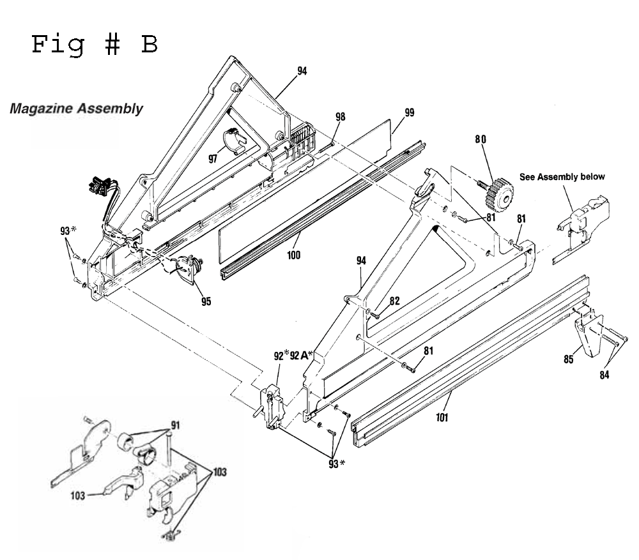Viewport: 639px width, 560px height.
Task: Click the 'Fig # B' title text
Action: pyautogui.click(x=95, y=45)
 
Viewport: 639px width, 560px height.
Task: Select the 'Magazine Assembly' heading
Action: pyautogui.click(x=76, y=109)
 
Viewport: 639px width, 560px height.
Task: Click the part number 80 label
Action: pyautogui.click(x=481, y=139)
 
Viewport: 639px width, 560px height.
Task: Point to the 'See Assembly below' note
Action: pyautogui.click(x=562, y=177)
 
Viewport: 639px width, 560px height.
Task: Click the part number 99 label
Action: pyautogui.click(x=409, y=112)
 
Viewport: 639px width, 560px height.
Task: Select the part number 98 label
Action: pyautogui.click(x=341, y=117)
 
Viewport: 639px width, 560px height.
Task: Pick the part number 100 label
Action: pyautogui.click(x=293, y=255)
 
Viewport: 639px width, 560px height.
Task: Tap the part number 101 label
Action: pyautogui.click(x=442, y=417)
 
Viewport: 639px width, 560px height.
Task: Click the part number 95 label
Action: pyautogui.click(x=206, y=301)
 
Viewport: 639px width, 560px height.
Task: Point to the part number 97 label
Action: pyautogui.click(x=213, y=158)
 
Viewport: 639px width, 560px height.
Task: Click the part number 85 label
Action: pyautogui.click(x=569, y=359)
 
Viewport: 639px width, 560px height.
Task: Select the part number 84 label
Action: pyautogui.click(x=604, y=375)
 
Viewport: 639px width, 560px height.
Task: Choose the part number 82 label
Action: pyautogui.click(x=394, y=301)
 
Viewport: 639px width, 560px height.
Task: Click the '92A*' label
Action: pyautogui.click(x=302, y=356)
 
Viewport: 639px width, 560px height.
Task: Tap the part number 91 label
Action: pyautogui.click(x=175, y=426)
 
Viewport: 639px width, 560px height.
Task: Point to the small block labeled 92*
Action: pyautogui.click(x=270, y=407)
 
